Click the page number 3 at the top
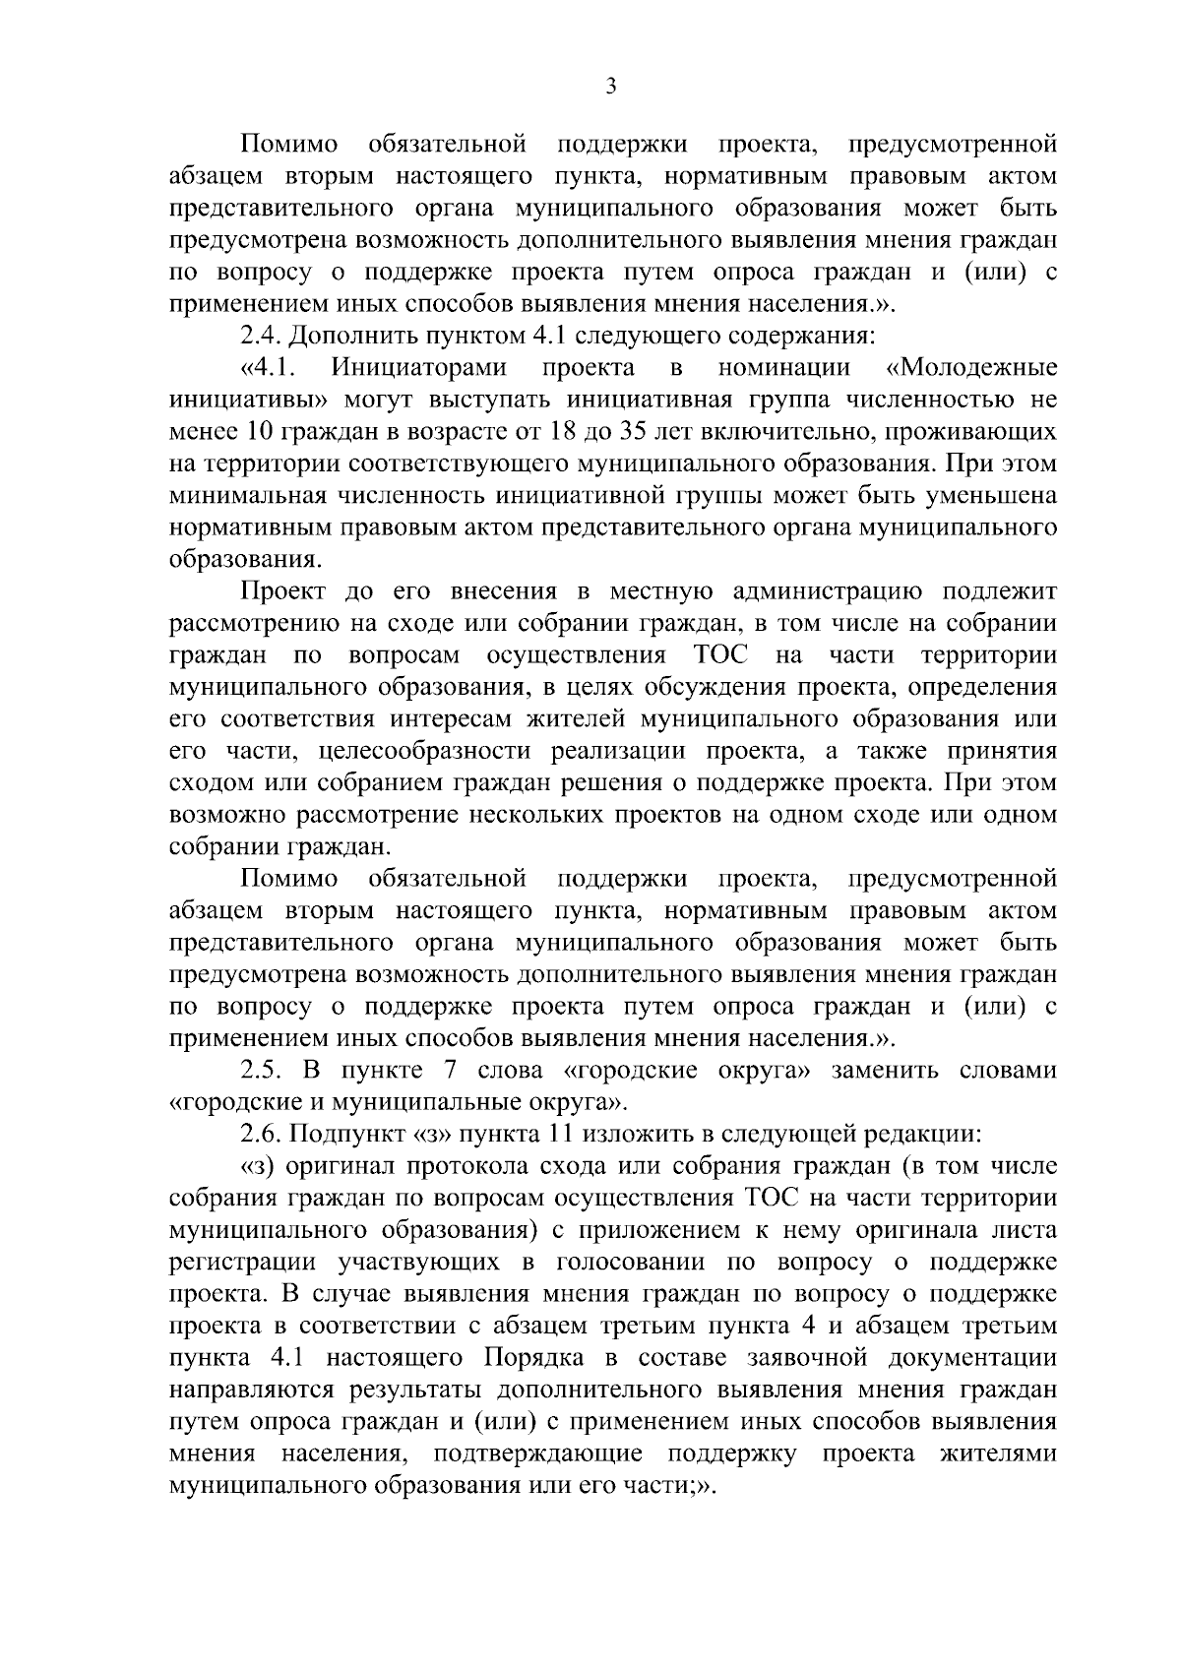click(610, 88)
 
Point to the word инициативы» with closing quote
click(249, 401)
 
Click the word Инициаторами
click(419, 368)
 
